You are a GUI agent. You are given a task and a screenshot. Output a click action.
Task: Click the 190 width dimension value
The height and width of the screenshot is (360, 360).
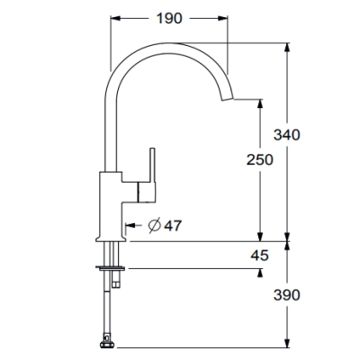[x=169, y=19]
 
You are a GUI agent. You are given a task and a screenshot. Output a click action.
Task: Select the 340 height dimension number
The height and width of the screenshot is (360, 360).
[x=286, y=135]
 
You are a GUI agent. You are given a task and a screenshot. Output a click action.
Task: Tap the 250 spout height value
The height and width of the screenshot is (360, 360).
[x=260, y=159]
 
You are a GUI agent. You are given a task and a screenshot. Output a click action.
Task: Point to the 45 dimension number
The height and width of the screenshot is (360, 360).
[x=260, y=256]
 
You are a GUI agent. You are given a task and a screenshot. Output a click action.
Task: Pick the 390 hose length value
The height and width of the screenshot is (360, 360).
[x=286, y=295]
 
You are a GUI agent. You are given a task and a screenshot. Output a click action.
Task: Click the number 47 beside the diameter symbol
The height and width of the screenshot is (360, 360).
[x=173, y=226]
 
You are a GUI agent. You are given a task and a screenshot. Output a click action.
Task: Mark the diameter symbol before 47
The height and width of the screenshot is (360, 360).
[x=155, y=225]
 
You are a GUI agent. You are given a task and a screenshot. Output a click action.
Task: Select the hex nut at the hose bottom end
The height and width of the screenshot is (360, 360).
[x=106, y=344]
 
